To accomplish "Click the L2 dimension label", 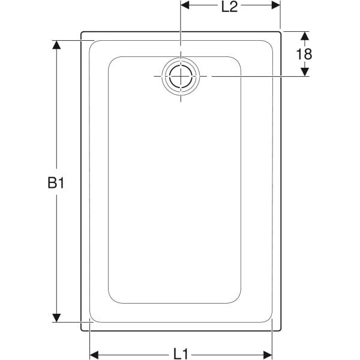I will pos(230,7).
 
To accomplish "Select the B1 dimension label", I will pos(56,183).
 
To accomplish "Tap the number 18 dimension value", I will pos(304,54).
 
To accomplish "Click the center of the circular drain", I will pos(180,77).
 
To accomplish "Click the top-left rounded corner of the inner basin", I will pos(112,61).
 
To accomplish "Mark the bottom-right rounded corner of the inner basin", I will pos(236,299).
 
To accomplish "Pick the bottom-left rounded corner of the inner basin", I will pos(112,299).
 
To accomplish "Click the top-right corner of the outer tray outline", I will pos(280,32).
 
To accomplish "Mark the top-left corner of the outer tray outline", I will pos(82,32).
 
